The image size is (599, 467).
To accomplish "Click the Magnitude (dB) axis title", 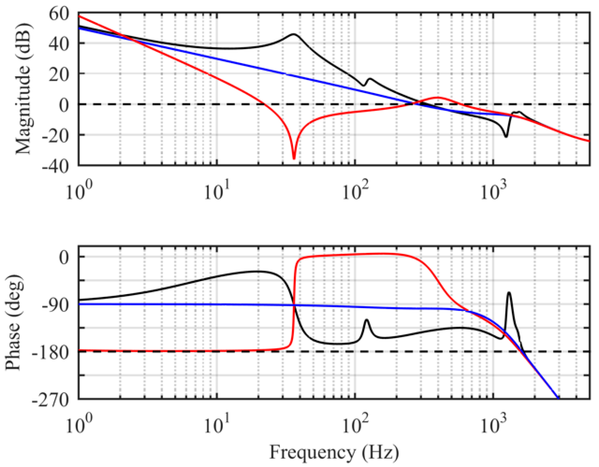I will pos(23,89).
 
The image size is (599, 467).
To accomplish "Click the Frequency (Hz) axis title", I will pos(334,452).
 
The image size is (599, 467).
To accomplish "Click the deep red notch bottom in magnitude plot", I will pos(294,158).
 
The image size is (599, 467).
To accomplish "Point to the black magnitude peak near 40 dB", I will pos(294,34).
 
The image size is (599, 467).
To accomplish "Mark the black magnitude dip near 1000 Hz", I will pos(506,137).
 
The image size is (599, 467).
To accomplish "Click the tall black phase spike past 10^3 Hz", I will pos(508,293).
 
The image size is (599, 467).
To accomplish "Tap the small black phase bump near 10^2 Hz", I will pos(367,320).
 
